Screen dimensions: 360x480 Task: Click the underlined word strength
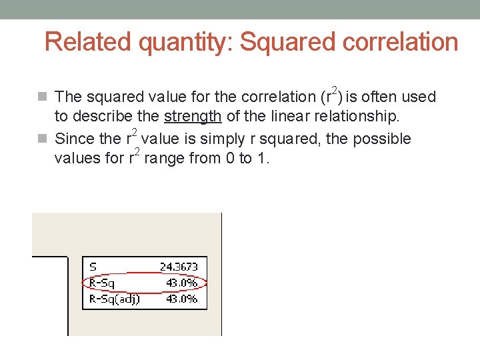pos(193,117)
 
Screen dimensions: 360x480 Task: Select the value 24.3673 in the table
pos(179,267)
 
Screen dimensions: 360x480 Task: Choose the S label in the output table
pos(93,267)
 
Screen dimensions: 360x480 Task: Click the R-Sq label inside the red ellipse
pos(102,283)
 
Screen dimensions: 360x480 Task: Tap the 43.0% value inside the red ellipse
pos(181,283)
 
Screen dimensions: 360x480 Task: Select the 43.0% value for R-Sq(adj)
pos(181,299)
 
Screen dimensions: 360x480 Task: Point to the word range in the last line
pos(163,159)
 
